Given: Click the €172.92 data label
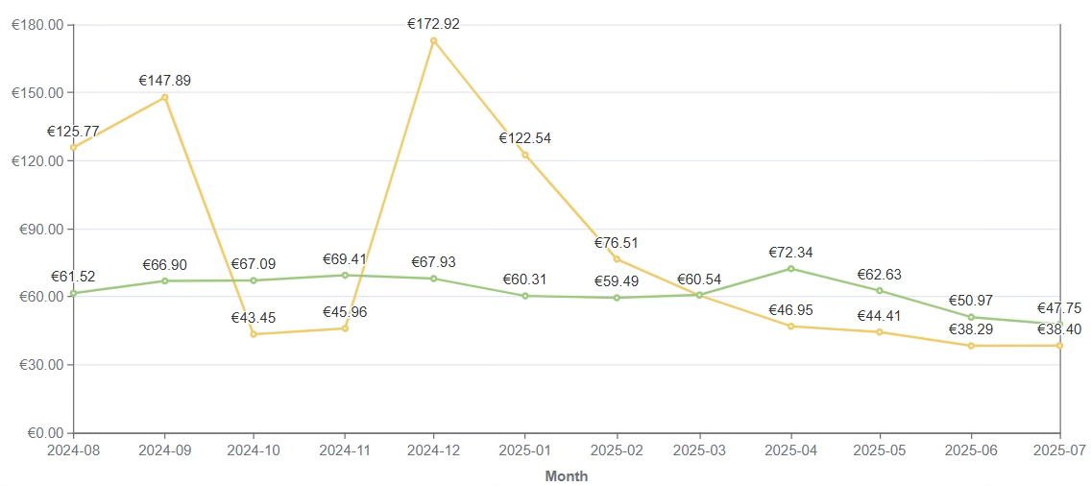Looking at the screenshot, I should (433, 24).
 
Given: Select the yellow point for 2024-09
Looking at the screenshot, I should (165, 97).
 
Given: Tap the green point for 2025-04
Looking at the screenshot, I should (790, 268).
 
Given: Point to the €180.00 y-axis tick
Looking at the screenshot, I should (36, 25).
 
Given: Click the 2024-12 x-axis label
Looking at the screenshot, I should (433, 449).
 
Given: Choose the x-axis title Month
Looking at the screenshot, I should (566, 475).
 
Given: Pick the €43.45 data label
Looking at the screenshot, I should (254, 318).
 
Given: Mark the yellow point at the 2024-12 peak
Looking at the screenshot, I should (433, 40).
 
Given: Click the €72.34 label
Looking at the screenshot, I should (790, 253).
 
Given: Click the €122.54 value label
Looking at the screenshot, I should (524, 138).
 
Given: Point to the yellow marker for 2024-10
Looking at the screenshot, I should (254, 334).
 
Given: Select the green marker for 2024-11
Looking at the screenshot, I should (345, 276).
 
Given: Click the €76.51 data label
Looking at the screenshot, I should (616, 243).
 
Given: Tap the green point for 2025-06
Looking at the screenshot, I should (971, 317).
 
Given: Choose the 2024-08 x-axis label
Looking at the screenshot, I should (74, 449).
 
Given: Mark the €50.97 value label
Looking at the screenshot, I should (971, 302).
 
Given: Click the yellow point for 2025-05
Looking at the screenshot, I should (880, 332).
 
